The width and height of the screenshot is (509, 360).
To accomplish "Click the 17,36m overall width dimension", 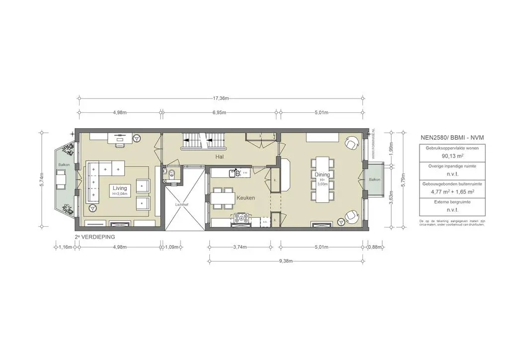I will pos(221,98).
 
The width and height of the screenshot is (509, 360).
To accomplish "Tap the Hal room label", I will pos(219,157).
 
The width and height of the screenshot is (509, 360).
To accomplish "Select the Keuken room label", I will pos(246,198).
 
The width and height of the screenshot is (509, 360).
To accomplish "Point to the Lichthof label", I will pos(182,204).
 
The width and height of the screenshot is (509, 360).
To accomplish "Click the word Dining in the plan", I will pos(322,175).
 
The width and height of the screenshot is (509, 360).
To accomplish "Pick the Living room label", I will pos(120,188).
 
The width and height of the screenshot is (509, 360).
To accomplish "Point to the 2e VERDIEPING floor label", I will pos(94,237).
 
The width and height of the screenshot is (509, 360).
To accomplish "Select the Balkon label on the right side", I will pos(374,180).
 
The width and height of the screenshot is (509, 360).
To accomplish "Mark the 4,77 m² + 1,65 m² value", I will pos(445,191).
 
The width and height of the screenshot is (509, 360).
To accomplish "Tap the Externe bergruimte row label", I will pos(445,202).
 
